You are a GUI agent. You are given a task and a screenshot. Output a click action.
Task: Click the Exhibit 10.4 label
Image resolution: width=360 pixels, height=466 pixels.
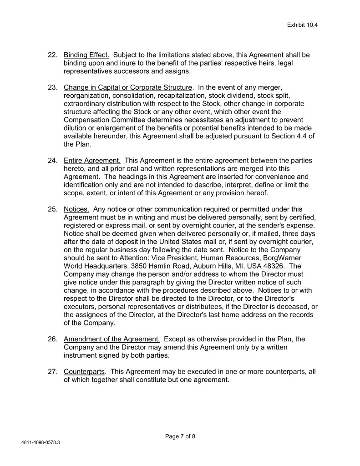(302, 25)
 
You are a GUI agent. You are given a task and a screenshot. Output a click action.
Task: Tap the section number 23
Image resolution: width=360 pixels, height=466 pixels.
(53, 87)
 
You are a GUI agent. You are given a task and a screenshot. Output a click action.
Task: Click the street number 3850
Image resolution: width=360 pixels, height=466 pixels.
(155, 266)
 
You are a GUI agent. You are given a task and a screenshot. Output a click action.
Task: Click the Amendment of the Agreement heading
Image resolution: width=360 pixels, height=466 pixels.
(112, 339)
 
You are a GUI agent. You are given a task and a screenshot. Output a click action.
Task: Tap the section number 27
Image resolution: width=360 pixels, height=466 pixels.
(53, 371)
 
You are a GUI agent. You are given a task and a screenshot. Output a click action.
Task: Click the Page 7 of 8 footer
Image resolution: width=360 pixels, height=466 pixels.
(180, 436)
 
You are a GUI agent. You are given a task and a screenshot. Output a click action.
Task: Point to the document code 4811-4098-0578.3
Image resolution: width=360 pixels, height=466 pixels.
(41, 442)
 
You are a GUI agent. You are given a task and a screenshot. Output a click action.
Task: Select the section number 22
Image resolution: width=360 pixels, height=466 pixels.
(53, 55)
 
